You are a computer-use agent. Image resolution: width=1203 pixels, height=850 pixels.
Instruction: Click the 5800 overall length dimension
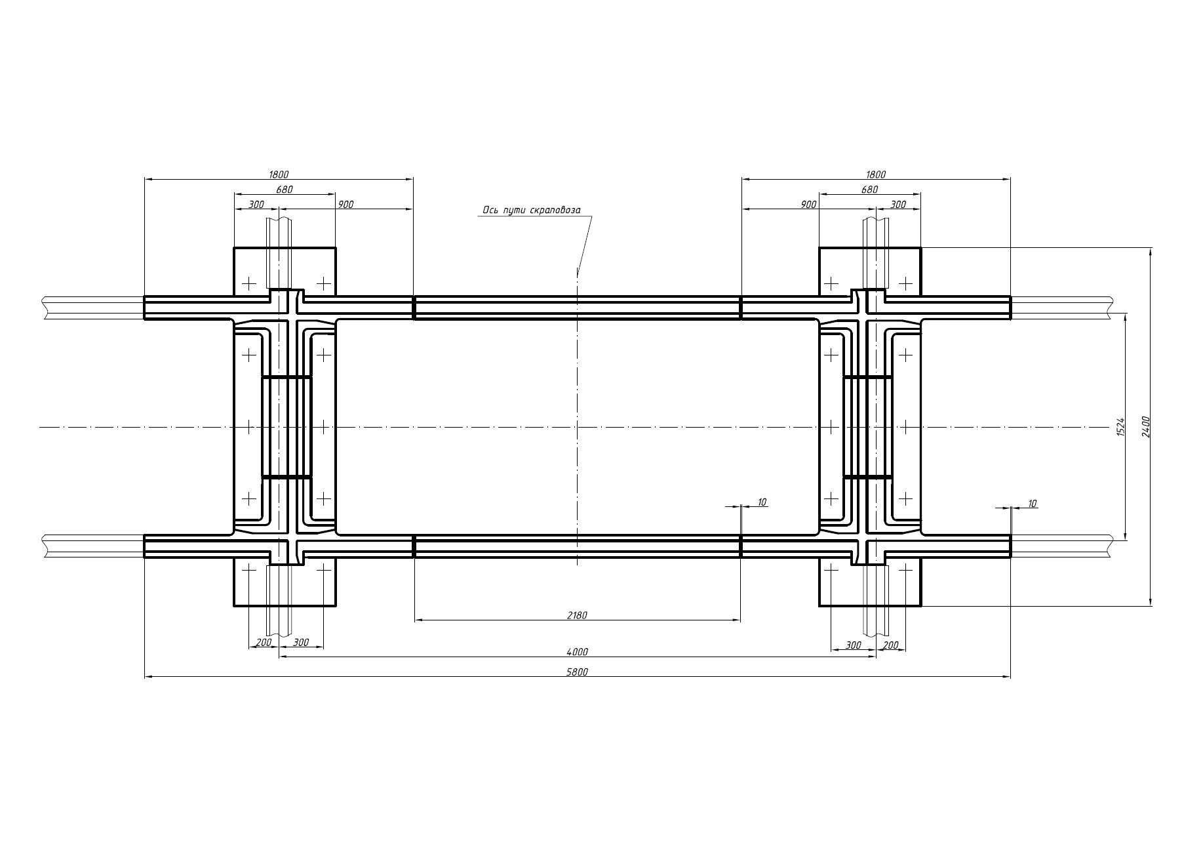click(578, 672)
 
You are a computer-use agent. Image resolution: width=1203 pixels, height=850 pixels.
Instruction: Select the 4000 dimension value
click(578, 652)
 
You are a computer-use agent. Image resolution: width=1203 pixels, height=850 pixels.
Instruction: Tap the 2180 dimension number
click(578, 615)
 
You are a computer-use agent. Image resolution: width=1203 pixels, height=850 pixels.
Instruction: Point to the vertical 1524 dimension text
click(1120, 428)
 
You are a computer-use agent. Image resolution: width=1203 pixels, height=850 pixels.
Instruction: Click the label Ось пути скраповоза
click(532, 211)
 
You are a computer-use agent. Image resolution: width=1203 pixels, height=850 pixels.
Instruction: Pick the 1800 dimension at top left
click(279, 174)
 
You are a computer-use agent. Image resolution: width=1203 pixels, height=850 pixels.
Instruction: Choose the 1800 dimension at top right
click(876, 174)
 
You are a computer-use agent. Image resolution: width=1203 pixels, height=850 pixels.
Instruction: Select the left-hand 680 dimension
click(285, 190)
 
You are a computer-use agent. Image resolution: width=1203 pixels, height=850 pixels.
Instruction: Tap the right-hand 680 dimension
click(869, 190)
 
